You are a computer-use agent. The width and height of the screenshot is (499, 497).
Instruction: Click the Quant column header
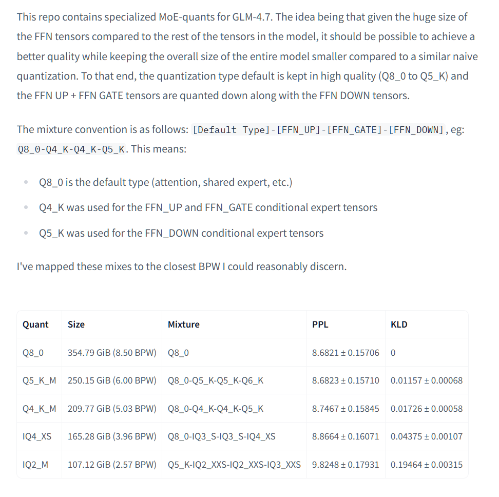pyautogui.click(x=35, y=324)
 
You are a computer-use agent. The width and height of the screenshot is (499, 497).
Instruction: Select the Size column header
pyautogui.click(x=76, y=324)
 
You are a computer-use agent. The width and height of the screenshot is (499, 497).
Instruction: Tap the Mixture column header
pyautogui.click(x=183, y=324)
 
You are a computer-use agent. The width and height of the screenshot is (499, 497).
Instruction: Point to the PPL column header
pyautogui.click(x=320, y=324)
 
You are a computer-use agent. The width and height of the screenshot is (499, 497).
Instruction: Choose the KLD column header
pyautogui.click(x=399, y=324)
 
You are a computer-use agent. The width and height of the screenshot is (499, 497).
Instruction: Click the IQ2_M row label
pyautogui.click(x=35, y=465)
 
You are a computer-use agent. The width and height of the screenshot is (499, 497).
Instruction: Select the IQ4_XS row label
pyautogui.click(x=37, y=436)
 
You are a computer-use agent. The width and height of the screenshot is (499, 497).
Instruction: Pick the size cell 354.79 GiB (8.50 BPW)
pyautogui.click(x=111, y=353)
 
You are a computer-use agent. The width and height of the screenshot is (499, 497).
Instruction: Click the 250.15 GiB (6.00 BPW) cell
pyautogui.click(x=111, y=380)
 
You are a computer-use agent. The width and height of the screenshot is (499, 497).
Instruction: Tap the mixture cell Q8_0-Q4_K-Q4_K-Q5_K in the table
pyautogui.click(x=216, y=409)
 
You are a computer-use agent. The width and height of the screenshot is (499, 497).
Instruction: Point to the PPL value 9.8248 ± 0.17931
pyautogui.click(x=346, y=465)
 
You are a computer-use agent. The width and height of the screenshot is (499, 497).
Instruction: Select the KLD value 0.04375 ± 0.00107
pyautogui.click(x=426, y=436)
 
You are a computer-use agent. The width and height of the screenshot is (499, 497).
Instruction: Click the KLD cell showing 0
pyautogui.click(x=393, y=353)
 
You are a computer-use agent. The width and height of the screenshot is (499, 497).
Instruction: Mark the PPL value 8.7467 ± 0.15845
pyautogui.click(x=346, y=409)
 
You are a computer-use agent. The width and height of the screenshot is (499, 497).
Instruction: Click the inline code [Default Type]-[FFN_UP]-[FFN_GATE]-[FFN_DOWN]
pyautogui.click(x=318, y=130)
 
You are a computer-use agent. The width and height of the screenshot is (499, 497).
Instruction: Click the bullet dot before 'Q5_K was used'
pyautogui.click(x=26, y=234)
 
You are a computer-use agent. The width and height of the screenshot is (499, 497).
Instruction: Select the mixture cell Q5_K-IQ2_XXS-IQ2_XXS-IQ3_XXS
pyautogui.click(x=234, y=465)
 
